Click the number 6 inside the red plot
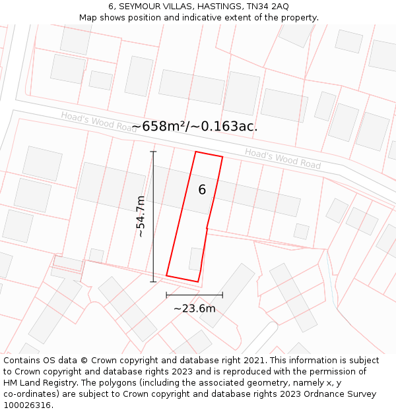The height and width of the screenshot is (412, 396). [202, 190]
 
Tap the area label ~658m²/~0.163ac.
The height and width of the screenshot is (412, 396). [194, 127]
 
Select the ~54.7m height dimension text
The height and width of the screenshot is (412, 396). [141, 216]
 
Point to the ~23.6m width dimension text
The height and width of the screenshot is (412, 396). [194, 309]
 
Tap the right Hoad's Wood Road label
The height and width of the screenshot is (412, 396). [282, 158]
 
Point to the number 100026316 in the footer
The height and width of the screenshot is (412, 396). [26, 405]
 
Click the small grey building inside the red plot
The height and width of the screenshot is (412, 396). [196, 258]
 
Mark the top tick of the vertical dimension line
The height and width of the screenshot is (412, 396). [153, 152]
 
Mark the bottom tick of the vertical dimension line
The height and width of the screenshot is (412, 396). [153, 281]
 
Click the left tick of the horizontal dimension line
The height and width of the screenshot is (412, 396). [166, 295]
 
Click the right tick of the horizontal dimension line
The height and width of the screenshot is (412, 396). [222, 295]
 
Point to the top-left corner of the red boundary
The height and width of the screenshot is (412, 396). [196, 152]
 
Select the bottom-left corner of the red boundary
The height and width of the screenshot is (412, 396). [166, 276]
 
